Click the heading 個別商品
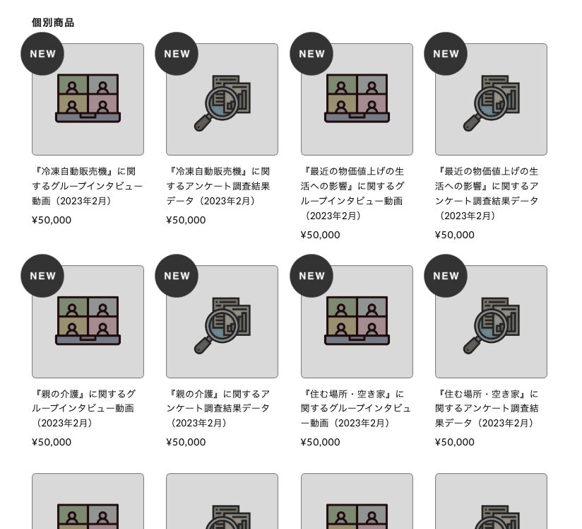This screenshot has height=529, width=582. point(53,23)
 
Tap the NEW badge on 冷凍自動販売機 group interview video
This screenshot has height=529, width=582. point(42,54)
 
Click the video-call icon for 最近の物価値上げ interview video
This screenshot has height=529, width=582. point(357,98)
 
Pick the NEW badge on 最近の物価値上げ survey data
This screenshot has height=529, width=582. point(446,54)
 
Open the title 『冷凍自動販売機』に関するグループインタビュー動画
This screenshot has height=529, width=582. point(87,186)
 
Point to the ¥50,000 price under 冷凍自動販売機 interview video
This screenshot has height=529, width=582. point(52,220)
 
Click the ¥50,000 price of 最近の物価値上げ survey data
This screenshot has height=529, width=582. point(455,235)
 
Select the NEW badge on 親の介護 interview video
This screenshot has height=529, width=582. point(42,276)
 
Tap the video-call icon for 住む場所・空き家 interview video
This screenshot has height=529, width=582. point(357,320)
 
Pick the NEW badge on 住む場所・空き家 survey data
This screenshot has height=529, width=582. point(446,276)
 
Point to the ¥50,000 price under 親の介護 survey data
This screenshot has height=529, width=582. point(186,442)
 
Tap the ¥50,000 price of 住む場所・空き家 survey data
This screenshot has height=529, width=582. point(455,442)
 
